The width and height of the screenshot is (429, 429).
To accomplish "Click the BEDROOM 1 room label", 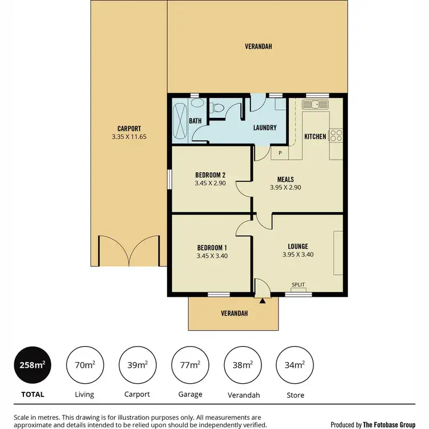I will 212,247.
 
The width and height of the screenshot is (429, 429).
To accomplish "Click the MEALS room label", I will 286,178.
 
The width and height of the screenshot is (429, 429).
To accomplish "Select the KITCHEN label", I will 315,137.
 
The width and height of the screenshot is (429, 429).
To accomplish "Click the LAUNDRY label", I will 265,128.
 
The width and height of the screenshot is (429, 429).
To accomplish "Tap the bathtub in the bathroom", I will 180,120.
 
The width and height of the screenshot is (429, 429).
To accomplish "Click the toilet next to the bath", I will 218,108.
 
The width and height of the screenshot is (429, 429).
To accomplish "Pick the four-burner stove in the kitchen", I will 336,136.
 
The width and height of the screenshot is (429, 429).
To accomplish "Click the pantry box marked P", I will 280,153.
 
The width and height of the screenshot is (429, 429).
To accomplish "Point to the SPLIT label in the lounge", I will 298,284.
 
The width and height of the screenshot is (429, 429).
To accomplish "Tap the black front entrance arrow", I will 262,300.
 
